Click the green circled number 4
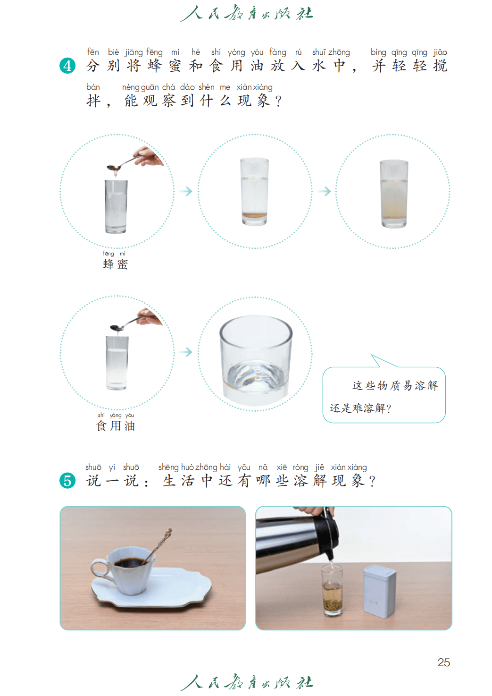point(67,66)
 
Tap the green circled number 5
point(67,480)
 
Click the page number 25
point(443,662)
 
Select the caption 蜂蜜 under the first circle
point(115,264)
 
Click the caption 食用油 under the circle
point(116,426)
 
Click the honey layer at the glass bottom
point(254,215)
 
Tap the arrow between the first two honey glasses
point(186,191)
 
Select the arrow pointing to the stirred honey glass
point(325,191)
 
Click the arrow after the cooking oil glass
point(186,352)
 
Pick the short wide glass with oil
point(256,360)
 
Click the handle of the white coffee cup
point(100,569)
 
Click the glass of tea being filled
point(332,590)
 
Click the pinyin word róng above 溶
point(300,468)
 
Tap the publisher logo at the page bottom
point(246,682)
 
